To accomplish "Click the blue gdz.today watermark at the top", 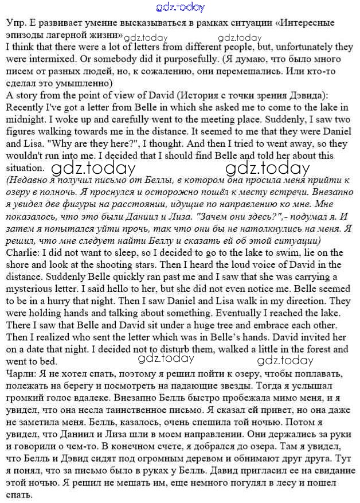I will (180, 7).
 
